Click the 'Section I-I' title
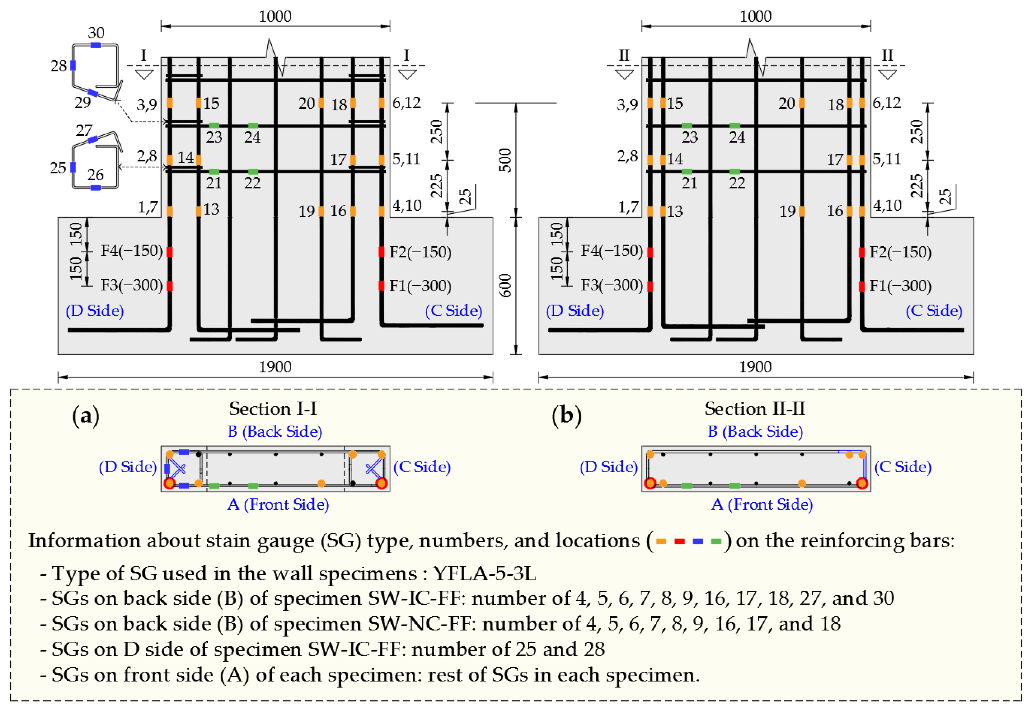(x=273, y=409)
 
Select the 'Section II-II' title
(x=754, y=409)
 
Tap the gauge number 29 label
(x=83, y=103)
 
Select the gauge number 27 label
(x=84, y=130)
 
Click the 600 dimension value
(x=505, y=285)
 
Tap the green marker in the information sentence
(x=716, y=541)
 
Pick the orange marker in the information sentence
(x=661, y=541)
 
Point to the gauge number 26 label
(x=96, y=175)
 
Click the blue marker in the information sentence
(x=698, y=541)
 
